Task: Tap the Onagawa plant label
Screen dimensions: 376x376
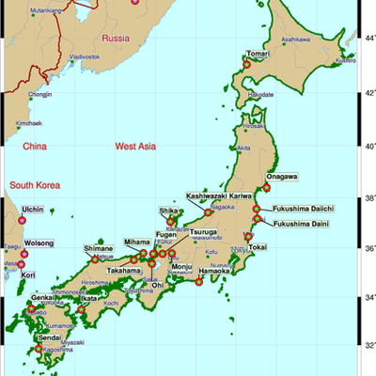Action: (x=281, y=177)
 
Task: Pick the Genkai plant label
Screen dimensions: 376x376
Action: (x=45, y=297)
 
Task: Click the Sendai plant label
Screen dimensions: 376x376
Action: (x=50, y=336)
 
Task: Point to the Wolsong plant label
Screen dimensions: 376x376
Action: (x=38, y=243)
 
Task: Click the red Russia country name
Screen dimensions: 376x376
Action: (x=116, y=39)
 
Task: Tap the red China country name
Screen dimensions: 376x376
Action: (x=35, y=147)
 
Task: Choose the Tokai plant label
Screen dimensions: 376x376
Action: (x=258, y=246)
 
